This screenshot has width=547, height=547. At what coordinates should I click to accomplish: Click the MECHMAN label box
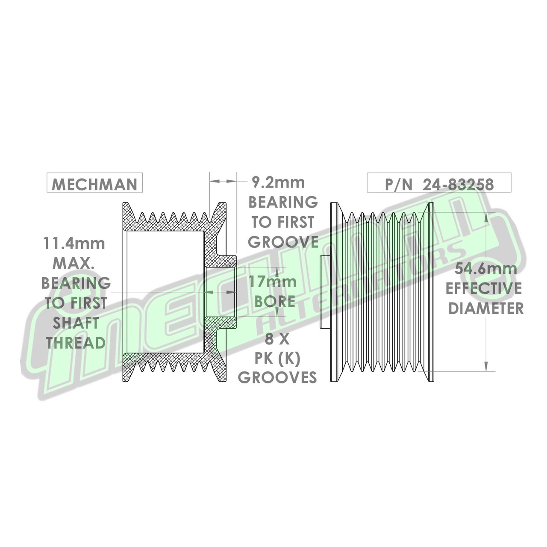click(x=94, y=183)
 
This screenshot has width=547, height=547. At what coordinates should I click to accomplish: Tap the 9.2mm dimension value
click(x=278, y=182)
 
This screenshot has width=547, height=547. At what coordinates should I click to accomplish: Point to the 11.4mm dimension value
click(x=74, y=243)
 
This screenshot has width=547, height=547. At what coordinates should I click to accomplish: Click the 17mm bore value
click(x=273, y=282)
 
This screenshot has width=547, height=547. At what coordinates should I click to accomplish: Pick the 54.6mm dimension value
click(x=485, y=269)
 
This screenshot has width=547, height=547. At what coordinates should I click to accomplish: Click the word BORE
click(x=275, y=301)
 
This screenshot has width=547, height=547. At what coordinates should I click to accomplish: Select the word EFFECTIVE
click(x=484, y=288)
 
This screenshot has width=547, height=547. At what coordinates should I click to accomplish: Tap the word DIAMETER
click(x=486, y=308)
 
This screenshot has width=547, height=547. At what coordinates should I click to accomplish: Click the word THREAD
click(x=76, y=343)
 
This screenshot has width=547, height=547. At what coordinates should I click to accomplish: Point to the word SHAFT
click(x=76, y=323)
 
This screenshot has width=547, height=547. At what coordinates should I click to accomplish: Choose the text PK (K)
click(x=277, y=359)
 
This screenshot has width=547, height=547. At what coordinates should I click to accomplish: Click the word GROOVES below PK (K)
click(x=277, y=377)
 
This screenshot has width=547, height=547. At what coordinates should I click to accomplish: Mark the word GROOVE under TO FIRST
click(x=283, y=242)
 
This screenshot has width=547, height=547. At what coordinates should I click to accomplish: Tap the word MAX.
click(x=74, y=263)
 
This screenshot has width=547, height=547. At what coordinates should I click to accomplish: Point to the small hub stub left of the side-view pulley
click(x=325, y=292)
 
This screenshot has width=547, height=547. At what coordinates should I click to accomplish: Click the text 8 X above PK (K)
click(x=277, y=339)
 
